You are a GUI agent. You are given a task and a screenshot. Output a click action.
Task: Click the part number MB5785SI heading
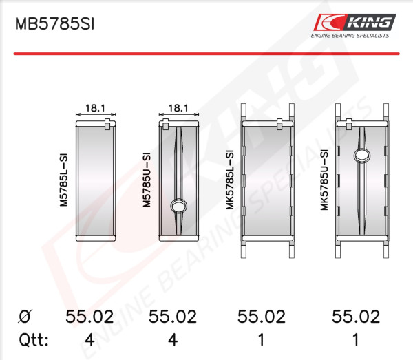coord(54,23)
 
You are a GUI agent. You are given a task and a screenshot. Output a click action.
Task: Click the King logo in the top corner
coord(354,22)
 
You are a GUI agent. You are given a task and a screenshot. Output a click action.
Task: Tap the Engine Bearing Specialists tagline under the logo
coord(350,36)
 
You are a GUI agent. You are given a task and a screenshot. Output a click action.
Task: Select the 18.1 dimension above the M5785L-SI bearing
coord(96,107)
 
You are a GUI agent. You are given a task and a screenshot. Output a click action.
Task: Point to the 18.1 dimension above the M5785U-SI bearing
coord(178,107)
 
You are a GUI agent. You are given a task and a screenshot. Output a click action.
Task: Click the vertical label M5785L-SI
coord(64,180)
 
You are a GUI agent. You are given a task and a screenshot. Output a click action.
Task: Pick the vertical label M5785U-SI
coord(147,180)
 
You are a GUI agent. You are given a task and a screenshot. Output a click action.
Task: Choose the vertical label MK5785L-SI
coord(230,180)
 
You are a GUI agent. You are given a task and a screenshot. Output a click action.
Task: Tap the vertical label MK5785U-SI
coord(324,180)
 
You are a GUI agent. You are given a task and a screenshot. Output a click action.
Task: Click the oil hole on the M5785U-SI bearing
coord(178,206)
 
